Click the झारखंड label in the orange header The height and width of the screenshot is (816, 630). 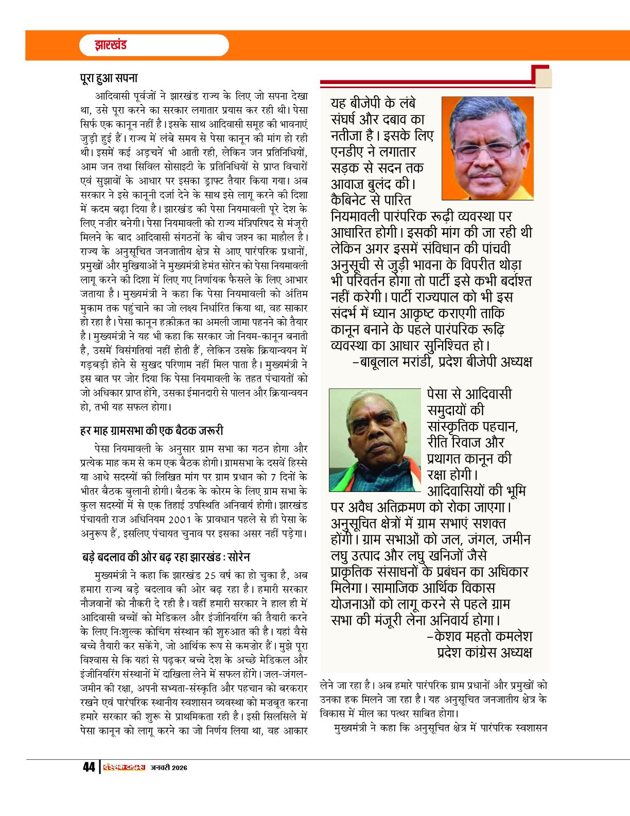tap(110, 45)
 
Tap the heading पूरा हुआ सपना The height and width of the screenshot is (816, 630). tap(109, 78)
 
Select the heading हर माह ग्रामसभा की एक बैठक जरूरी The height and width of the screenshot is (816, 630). tap(152, 430)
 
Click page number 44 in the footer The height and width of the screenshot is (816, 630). tap(89, 767)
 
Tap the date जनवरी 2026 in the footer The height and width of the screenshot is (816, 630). tap(169, 768)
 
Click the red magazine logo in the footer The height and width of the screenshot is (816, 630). tap(124, 767)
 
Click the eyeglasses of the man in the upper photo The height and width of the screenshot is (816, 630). tap(486, 150)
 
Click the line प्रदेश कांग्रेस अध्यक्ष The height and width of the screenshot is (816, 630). tap(484, 652)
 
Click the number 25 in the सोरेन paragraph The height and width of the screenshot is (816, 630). tap(210, 575)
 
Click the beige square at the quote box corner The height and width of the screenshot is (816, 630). tap(544, 77)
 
